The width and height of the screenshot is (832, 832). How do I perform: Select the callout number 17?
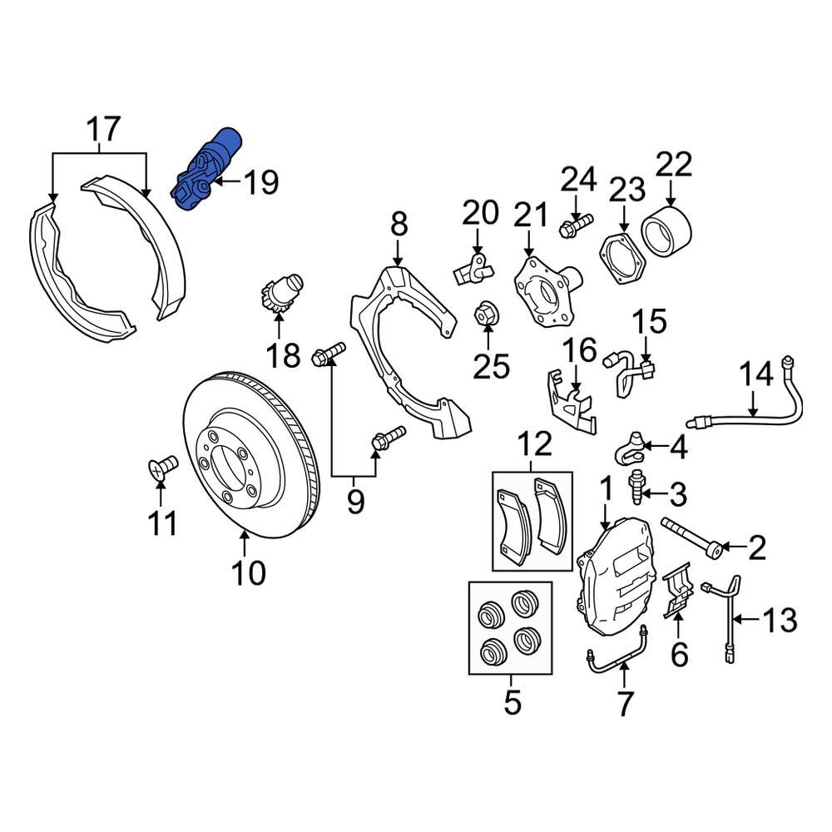click(x=104, y=130)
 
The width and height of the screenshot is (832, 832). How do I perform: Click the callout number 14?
click(x=757, y=379)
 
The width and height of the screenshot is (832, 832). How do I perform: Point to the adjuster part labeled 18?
click(x=282, y=296)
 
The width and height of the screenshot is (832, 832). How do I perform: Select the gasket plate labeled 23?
click(x=623, y=256)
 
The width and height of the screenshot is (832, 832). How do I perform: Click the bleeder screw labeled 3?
click(x=640, y=487)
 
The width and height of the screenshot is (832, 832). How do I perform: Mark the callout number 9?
click(x=355, y=503)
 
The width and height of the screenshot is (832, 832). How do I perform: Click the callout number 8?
click(x=399, y=224)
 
